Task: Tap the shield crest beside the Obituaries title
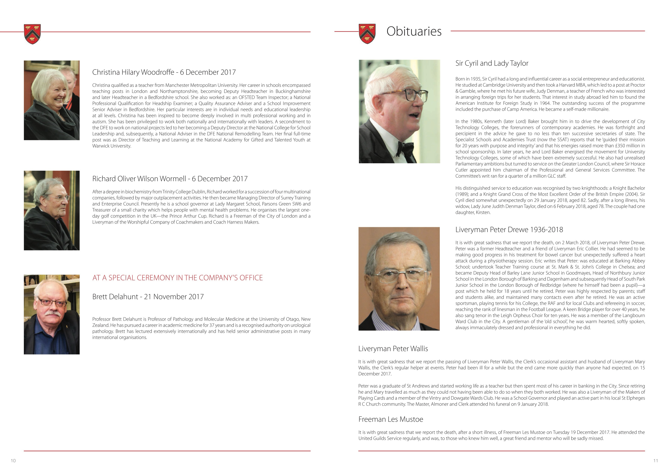[x=367, y=34]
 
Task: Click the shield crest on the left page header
[x=32, y=34]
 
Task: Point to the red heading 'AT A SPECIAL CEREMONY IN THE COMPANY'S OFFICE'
[x=177, y=278]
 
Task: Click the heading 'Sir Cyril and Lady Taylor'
[x=492, y=63]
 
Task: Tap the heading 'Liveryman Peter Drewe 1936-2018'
[x=509, y=230]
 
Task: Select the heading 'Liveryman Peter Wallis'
[x=393, y=349]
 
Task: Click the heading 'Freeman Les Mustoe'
[x=391, y=419]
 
